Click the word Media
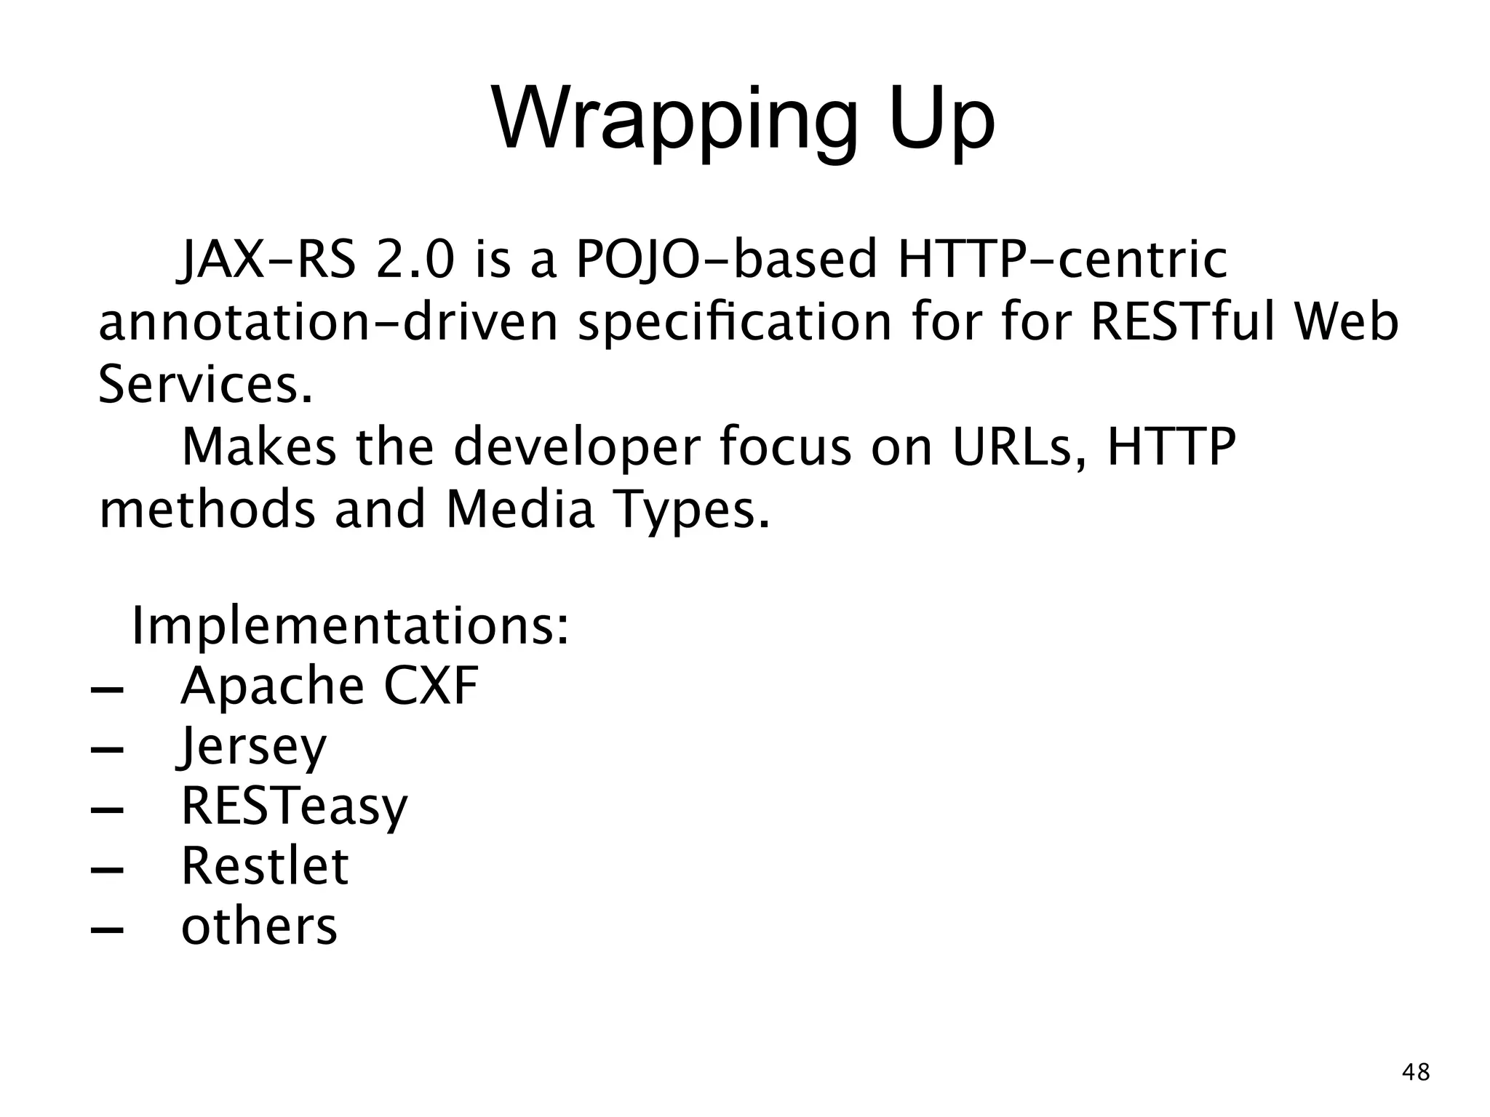(520, 510)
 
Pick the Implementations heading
(350, 626)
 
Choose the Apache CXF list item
(330, 686)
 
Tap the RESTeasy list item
(295, 806)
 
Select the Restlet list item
(265, 866)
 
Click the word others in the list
(259, 926)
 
